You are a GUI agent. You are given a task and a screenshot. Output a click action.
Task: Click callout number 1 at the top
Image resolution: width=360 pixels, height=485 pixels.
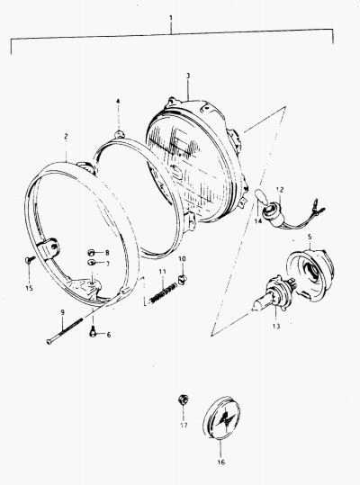(x=171, y=18)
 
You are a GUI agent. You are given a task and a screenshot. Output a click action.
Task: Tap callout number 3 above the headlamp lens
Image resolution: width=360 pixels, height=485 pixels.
(x=188, y=76)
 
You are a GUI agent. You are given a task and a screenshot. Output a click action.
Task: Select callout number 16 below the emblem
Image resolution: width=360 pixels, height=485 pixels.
(x=220, y=463)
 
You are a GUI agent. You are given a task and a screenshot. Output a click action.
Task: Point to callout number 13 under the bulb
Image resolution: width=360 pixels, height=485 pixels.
(x=276, y=327)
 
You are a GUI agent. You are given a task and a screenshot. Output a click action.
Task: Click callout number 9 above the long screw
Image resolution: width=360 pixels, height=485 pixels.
(x=63, y=312)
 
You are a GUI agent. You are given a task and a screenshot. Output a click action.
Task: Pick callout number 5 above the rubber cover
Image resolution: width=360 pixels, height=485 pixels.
(x=310, y=237)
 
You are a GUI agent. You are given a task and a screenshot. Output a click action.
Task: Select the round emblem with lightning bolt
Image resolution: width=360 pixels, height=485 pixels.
(x=220, y=417)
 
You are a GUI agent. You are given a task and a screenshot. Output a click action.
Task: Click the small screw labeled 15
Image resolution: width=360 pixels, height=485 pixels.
(x=30, y=260)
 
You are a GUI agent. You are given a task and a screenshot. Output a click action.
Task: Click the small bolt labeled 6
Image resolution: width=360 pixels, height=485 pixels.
(x=92, y=332)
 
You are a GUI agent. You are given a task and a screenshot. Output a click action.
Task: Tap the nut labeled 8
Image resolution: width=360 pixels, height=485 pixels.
(x=91, y=253)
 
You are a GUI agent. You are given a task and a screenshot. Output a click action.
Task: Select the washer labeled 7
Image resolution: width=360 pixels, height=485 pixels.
(x=91, y=263)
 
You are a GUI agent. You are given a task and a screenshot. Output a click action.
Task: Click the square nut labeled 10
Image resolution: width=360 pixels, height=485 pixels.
(x=183, y=280)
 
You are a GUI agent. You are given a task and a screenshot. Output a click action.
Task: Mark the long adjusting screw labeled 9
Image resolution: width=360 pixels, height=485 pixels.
(x=66, y=330)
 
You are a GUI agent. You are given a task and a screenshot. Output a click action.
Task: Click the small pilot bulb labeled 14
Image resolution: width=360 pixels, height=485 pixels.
(x=259, y=196)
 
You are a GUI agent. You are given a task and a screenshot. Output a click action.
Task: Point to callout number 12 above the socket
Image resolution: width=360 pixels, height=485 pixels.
(x=280, y=190)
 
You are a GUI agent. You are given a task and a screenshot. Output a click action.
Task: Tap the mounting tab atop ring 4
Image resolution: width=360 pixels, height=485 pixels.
(x=120, y=134)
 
